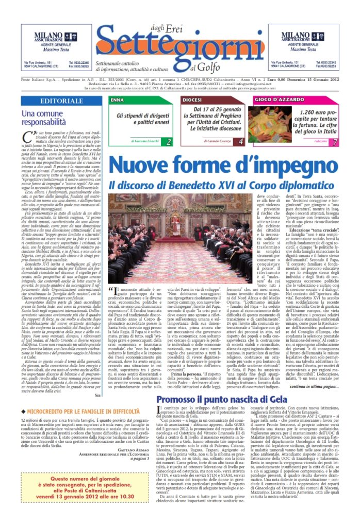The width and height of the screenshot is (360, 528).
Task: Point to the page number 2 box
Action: (169, 141)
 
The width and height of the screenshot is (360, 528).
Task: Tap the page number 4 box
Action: (241, 141)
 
